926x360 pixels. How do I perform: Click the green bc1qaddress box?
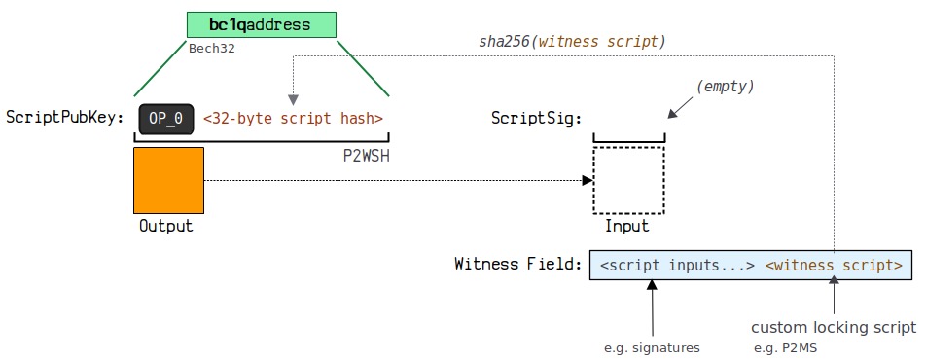point(262,25)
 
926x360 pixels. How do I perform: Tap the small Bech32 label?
point(212,49)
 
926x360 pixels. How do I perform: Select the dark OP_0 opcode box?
point(166,119)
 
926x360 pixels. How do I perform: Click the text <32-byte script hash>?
point(293,119)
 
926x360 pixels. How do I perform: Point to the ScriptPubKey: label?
point(65,118)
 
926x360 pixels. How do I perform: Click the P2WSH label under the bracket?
point(366,157)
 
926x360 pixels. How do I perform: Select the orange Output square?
point(169,180)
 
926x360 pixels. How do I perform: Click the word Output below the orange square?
point(166,226)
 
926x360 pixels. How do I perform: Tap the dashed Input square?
point(629,180)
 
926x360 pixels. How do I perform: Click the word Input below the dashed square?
point(626,226)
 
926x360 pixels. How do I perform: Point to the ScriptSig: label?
point(537,119)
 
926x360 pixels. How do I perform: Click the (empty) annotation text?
point(726,87)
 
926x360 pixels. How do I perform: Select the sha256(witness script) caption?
point(572,42)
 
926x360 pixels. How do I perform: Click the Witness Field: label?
point(518,264)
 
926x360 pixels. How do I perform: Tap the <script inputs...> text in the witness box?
point(677,265)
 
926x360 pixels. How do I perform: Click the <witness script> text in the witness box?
point(834,265)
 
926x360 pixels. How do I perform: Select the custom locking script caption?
point(834,328)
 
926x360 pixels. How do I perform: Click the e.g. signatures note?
point(652,348)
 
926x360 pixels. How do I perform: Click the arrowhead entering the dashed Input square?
point(588,180)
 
